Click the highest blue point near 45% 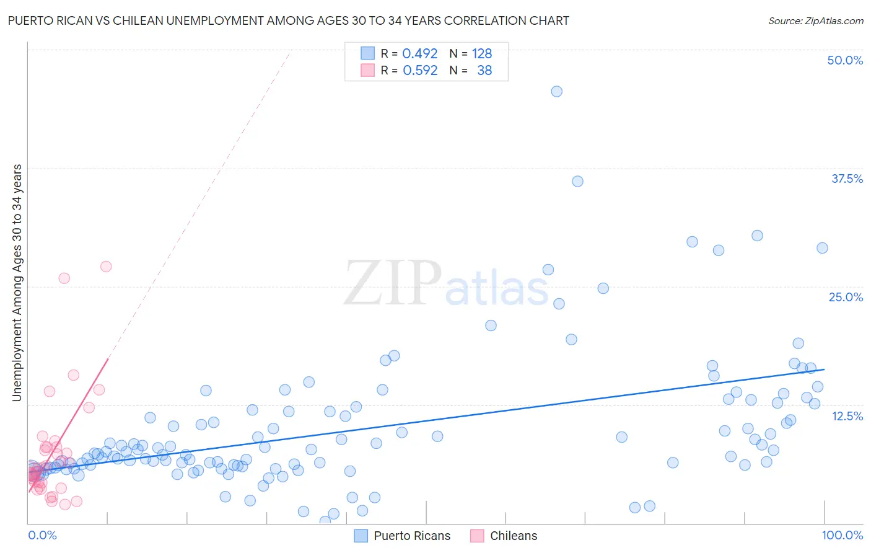point(556,91)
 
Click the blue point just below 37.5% point(577,181)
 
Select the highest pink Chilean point point(106,267)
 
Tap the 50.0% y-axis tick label point(845,60)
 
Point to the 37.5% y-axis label point(847,179)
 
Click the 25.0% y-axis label point(846,297)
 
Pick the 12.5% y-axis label point(847,416)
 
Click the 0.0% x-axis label point(42,535)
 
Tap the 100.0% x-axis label point(842,535)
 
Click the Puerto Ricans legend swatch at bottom point(361,536)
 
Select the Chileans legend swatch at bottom point(477,536)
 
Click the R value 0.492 point(420,53)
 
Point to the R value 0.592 point(420,71)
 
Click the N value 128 point(482,53)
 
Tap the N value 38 point(484,71)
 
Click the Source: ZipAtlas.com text point(815,21)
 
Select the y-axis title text point(17,283)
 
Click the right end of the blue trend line point(824,369)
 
